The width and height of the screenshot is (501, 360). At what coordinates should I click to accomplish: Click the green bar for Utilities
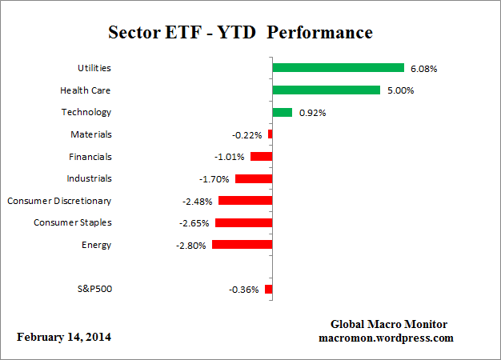pyautogui.click(x=338, y=68)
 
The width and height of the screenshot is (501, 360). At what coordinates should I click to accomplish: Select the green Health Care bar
pyautogui.click(x=326, y=90)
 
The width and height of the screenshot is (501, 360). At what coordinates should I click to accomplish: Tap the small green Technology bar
pyautogui.click(x=283, y=113)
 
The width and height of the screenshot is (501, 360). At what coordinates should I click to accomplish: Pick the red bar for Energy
pyautogui.click(x=242, y=245)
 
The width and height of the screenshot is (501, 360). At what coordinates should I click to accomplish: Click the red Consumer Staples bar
pyautogui.click(x=244, y=222)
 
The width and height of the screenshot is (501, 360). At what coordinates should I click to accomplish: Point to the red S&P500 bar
pyautogui.click(x=269, y=289)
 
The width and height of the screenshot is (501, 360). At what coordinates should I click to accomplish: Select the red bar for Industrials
pyautogui.click(x=254, y=178)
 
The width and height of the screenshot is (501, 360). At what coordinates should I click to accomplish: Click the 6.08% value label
pyautogui.click(x=423, y=69)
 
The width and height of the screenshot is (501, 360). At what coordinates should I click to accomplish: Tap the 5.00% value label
pyautogui.click(x=400, y=90)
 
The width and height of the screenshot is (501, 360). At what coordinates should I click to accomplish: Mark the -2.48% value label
pyautogui.click(x=198, y=201)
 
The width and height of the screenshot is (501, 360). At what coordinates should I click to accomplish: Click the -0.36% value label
pyautogui.click(x=244, y=290)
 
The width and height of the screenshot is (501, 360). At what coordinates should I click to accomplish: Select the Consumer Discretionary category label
pyautogui.click(x=59, y=201)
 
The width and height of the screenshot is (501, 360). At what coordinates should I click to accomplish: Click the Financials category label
pyautogui.click(x=90, y=157)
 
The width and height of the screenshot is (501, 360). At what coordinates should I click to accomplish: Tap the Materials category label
pyautogui.click(x=91, y=134)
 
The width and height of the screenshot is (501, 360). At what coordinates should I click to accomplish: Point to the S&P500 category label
pyautogui.click(x=94, y=289)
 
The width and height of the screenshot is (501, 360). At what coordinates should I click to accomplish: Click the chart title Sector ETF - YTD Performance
pyautogui.click(x=240, y=33)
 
